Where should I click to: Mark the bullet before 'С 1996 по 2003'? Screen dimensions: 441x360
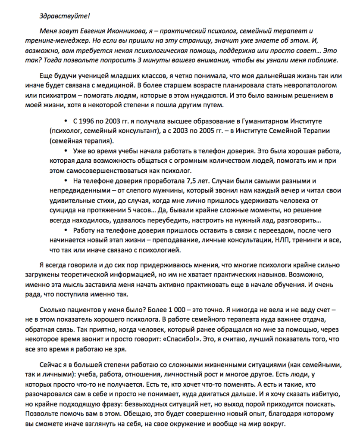click(x=66, y=121)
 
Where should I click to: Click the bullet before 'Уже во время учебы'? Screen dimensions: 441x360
click(x=66, y=151)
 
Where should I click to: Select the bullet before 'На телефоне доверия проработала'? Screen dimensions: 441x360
click(x=66, y=180)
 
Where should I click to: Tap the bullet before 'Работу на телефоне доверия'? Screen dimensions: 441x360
click(x=66, y=230)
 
